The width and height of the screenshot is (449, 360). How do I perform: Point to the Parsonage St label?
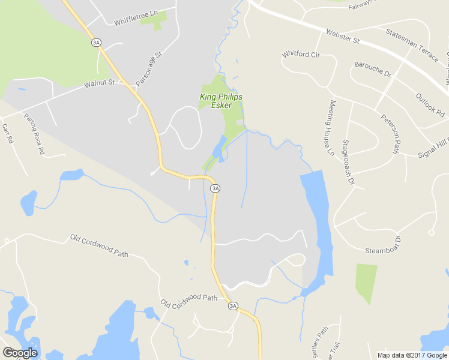pyautogui.click(x=149, y=68)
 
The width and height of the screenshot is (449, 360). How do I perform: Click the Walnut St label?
pyautogui.click(x=99, y=83)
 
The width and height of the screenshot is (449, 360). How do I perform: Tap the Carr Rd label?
pyautogui.click(x=7, y=134)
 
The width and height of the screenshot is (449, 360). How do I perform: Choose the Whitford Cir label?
pyautogui.click(x=301, y=55)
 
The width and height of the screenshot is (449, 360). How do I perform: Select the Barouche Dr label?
pyautogui.click(x=372, y=69)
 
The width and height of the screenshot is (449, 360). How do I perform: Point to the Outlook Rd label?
pyautogui.click(x=430, y=104)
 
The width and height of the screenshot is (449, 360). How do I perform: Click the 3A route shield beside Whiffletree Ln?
pyautogui.click(x=96, y=42)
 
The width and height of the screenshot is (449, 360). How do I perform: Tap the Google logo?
pyautogui.click(x=20, y=352)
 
